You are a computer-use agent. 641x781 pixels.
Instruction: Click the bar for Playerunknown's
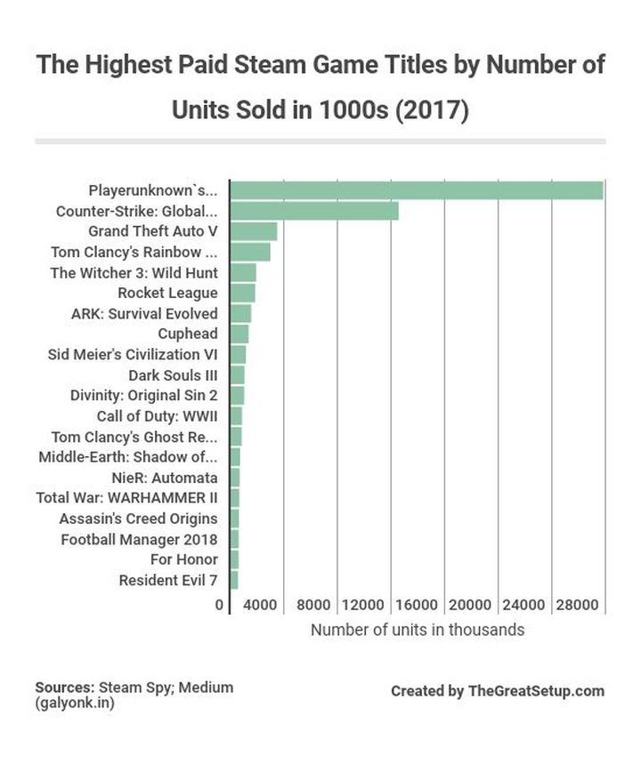click(x=416, y=190)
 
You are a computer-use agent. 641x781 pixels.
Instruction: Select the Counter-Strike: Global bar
click(x=313, y=211)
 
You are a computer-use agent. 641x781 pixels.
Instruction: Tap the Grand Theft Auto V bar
click(x=254, y=231)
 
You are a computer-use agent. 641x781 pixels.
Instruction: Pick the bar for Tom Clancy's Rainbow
click(x=250, y=252)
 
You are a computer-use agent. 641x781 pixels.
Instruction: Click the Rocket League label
click(x=167, y=293)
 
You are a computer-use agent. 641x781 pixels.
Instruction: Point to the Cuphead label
click(x=187, y=334)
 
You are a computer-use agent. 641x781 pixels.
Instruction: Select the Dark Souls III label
click(x=173, y=375)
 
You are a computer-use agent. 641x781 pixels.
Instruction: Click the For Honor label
click(x=183, y=560)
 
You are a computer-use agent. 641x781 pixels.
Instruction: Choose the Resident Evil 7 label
click(x=167, y=581)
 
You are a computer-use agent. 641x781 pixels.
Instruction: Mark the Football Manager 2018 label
click(x=139, y=539)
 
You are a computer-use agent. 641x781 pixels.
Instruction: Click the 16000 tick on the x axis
click(x=416, y=605)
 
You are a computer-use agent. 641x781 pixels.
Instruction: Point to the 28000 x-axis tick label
click(x=577, y=605)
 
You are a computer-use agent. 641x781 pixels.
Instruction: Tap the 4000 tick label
click(x=260, y=605)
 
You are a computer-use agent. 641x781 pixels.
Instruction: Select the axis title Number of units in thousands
click(x=417, y=630)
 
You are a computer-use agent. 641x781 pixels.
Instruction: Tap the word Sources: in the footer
click(x=64, y=688)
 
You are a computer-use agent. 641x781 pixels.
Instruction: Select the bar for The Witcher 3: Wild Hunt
click(x=243, y=272)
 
